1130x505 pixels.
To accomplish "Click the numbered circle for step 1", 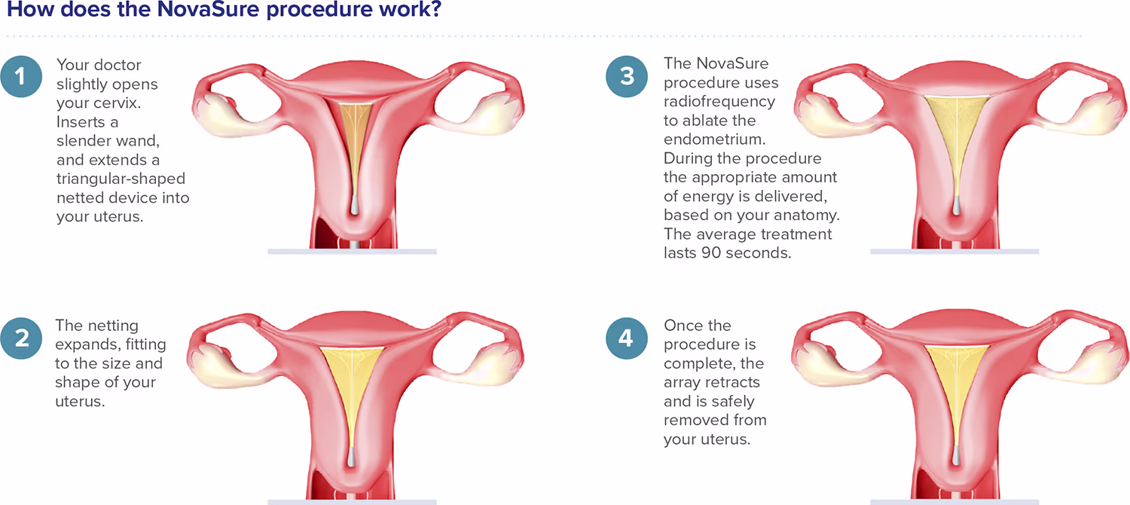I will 22,77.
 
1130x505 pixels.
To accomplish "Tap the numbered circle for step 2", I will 22,338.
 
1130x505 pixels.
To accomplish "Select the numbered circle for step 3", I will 625,77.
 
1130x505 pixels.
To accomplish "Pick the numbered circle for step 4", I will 625,338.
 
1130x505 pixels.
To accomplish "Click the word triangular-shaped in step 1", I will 121,179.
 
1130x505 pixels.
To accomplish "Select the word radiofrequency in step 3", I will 719,102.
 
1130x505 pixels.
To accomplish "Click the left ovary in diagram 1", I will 220,112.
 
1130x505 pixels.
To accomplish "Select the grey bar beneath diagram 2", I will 352,500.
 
